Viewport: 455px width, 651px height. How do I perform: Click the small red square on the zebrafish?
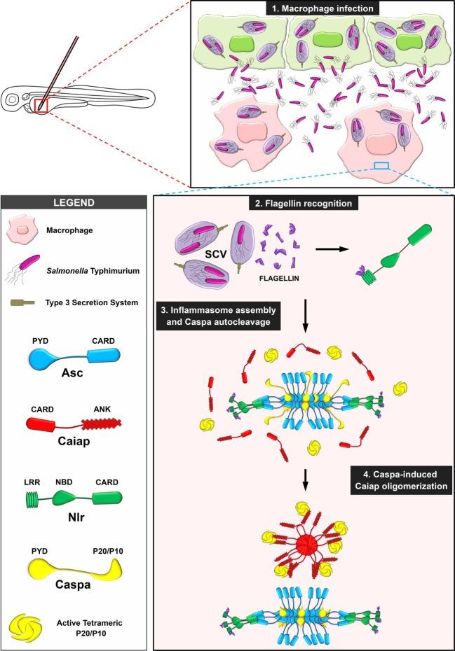42,106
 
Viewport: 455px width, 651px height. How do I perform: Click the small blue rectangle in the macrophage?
381,166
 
